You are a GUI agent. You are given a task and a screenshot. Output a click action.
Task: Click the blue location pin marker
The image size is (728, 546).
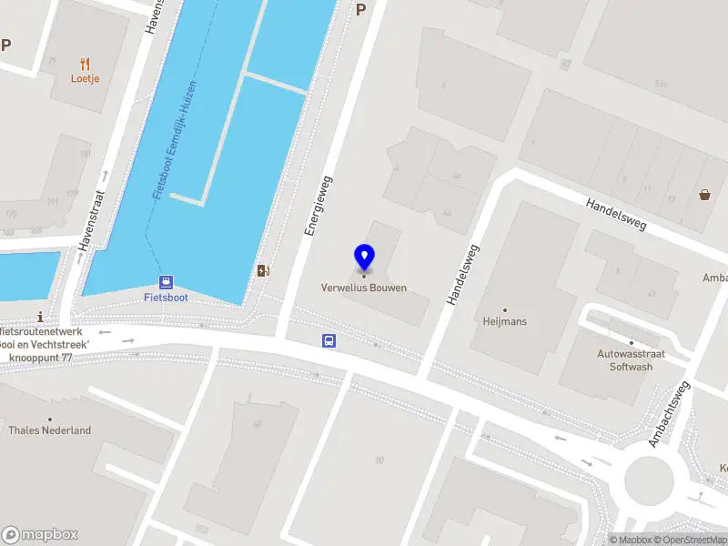pyautogui.click(x=364, y=257)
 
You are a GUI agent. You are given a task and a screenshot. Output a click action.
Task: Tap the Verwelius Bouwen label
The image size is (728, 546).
pyautogui.click(x=364, y=288)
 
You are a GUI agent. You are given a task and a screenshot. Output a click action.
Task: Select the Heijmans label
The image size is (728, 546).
pyautogui.click(x=504, y=321)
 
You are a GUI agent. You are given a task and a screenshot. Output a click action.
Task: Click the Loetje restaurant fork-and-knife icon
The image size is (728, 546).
pyautogui.click(x=86, y=64)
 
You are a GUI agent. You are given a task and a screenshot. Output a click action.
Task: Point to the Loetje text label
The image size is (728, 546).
pyautogui.click(x=86, y=78)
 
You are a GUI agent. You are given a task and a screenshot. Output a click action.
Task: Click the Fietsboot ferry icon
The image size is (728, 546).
pyautogui.click(x=166, y=282)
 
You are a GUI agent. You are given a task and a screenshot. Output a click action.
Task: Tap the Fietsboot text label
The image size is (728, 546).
pyautogui.click(x=166, y=297)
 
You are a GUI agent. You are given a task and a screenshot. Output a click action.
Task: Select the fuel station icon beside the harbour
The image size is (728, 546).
pyautogui.click(x=263, y=270)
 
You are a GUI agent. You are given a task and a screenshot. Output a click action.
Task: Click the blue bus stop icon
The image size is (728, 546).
pyautogui.click(x=329, y=341)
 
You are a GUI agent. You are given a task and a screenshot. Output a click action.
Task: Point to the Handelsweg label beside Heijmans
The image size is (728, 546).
pyautogui.click(x=462, y=272)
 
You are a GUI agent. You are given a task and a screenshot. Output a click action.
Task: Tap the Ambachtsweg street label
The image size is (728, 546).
pyautogui.click(x=669, y=414)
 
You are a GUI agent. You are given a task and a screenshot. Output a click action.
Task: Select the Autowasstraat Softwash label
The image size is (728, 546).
pyautogui.click(x=624, y=360)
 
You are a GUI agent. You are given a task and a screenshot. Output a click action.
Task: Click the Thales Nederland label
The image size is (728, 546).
pyautogui.click(x=50, y=430)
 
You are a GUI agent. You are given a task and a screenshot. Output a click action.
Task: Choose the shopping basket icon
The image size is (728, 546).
pyautogui.click(x=704, y=194)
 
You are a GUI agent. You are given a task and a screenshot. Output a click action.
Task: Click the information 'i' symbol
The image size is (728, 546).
pyautogui.click(x=40, y=317)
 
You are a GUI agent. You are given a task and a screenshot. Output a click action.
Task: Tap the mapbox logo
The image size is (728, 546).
pyautogui.click(x=40, y=535)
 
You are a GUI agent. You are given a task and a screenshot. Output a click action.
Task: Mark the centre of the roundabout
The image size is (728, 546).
pyautogui.click(x=652, y=479)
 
